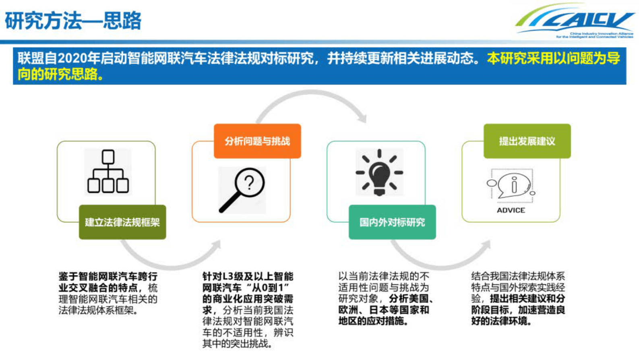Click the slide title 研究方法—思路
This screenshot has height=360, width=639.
(73, 21)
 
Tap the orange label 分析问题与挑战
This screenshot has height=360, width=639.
(257, 141)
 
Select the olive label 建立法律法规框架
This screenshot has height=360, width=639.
(122, 222)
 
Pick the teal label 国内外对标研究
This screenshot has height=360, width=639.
(392, 222)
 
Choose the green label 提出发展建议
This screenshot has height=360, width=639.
(527, 141)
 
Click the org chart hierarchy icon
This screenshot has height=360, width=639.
(108, 172)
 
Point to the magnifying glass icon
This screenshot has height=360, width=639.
(242, 190)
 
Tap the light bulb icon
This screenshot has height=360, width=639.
(379, 172)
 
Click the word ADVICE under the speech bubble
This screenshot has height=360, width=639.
(511, 210)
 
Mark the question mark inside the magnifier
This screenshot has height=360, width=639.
(250, 183)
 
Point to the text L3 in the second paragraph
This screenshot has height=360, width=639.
(228, 277)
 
